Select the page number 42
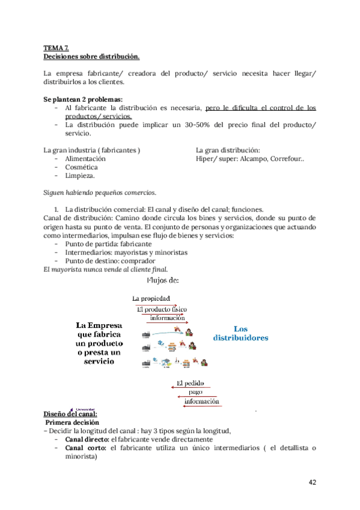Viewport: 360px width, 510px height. (x=313, y=482)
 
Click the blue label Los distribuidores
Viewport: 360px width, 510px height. (x=241, y=333)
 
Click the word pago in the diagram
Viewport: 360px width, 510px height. (x=196, y=393)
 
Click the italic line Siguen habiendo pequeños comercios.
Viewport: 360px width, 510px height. (x=100, y=193)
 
